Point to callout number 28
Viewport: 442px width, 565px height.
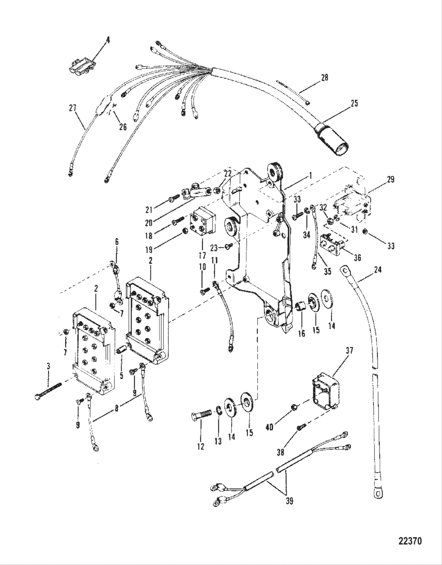324,77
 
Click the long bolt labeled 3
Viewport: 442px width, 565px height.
49,391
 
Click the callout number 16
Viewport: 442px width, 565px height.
302,333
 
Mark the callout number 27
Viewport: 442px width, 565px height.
72,107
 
